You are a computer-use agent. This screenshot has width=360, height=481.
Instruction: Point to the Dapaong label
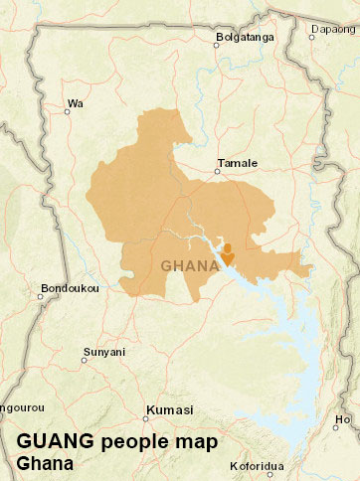click(x=333, y=29)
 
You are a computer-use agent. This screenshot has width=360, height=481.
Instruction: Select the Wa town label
click(x=74, y=102)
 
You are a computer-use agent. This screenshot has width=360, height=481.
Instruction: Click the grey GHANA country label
click(x=190, y=265)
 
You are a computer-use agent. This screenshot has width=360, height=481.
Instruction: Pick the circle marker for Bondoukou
click(x=43, y=297)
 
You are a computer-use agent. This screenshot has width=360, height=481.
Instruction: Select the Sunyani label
click(x=103, y=352)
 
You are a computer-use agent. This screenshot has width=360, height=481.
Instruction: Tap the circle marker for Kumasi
click(x=149, y=417)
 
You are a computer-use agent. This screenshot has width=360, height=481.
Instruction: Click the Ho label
click(x=344, y=419)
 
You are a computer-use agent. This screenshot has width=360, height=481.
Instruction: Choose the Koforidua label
click(x=257, y=465)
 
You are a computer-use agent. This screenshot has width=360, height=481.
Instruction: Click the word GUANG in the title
click(x=55, y=441)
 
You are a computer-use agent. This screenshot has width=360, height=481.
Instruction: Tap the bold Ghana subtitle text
click(x=45, y=463)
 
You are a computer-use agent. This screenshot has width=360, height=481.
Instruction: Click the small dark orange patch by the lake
click(x=227, y=252)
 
